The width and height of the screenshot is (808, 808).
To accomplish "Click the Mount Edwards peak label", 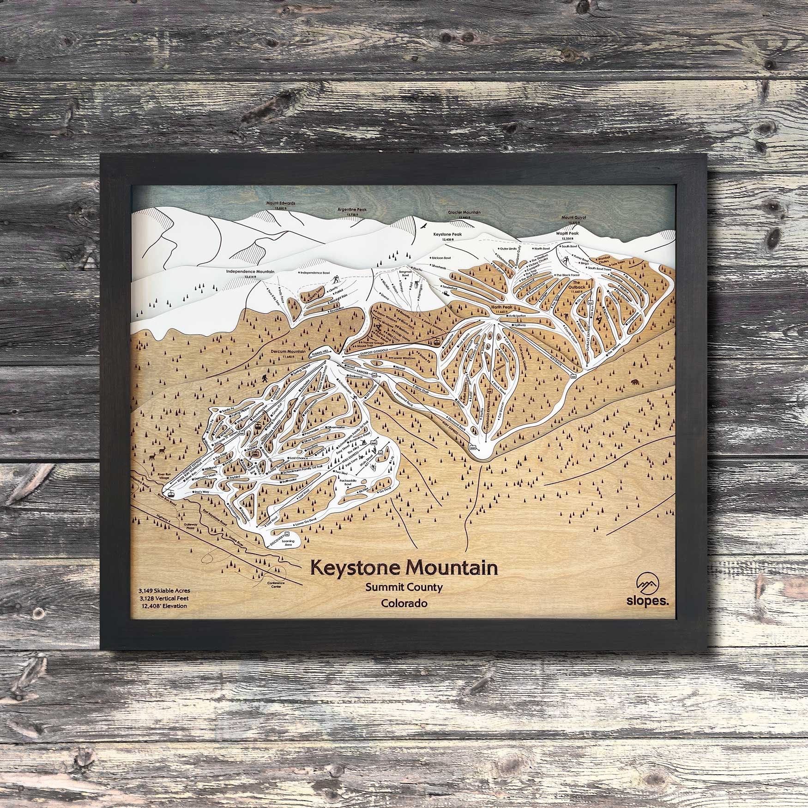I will click(281, 203).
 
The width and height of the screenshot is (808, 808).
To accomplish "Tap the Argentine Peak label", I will click(353, 209).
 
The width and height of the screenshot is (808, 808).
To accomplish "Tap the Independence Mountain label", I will click(251, 272).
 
